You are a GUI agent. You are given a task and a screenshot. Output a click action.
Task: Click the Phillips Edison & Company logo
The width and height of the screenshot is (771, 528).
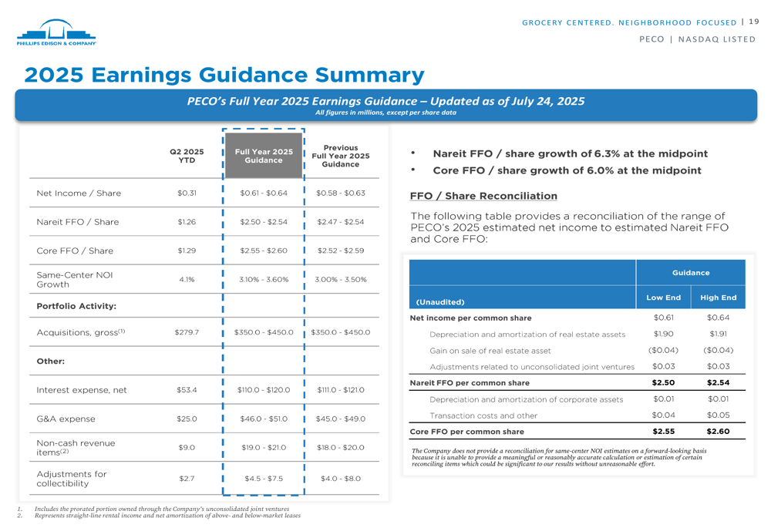point(56,33)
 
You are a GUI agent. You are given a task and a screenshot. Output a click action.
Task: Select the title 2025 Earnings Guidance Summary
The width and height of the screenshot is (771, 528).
point(224,75)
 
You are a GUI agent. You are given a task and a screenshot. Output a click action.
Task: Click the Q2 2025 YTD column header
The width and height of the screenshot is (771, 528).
point(187,156)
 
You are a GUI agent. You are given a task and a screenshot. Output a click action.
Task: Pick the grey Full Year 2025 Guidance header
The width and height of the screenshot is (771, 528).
point(264,156)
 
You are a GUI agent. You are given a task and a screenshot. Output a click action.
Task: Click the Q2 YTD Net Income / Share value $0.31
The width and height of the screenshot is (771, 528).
point(187,193)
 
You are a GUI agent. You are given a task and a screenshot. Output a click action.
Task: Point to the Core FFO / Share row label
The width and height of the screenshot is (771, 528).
point(75,251)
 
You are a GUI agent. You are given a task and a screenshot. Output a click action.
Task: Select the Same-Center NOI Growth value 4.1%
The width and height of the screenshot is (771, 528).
point(187,279)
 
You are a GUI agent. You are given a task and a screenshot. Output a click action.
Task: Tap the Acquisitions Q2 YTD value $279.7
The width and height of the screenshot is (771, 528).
point(187,332)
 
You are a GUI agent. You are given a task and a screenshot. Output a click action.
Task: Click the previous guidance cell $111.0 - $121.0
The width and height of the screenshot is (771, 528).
point(341,390)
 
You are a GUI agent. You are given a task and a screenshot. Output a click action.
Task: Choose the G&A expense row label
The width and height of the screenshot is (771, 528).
point(66,419)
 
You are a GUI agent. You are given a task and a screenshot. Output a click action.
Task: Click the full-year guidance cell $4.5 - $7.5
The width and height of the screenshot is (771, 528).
point(264,479)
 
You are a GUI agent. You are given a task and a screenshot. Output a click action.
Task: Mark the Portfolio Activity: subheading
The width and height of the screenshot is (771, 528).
point(76,306)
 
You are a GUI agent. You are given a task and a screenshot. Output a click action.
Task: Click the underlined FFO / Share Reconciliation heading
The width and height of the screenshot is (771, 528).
point(483,196)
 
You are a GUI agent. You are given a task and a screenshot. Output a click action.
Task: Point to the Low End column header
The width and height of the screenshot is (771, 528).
point(663,298)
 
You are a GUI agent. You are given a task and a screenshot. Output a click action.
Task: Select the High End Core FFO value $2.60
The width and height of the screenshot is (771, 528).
point(718,432)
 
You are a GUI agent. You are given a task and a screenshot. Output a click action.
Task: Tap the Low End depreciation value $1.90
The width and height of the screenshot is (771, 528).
point(663,334)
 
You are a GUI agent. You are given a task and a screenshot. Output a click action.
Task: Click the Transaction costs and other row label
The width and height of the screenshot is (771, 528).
point(483,415)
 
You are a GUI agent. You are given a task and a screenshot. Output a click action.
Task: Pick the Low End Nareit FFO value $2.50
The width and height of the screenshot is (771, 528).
point(663,382)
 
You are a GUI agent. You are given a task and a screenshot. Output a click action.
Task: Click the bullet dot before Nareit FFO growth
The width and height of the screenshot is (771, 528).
point(415,153)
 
